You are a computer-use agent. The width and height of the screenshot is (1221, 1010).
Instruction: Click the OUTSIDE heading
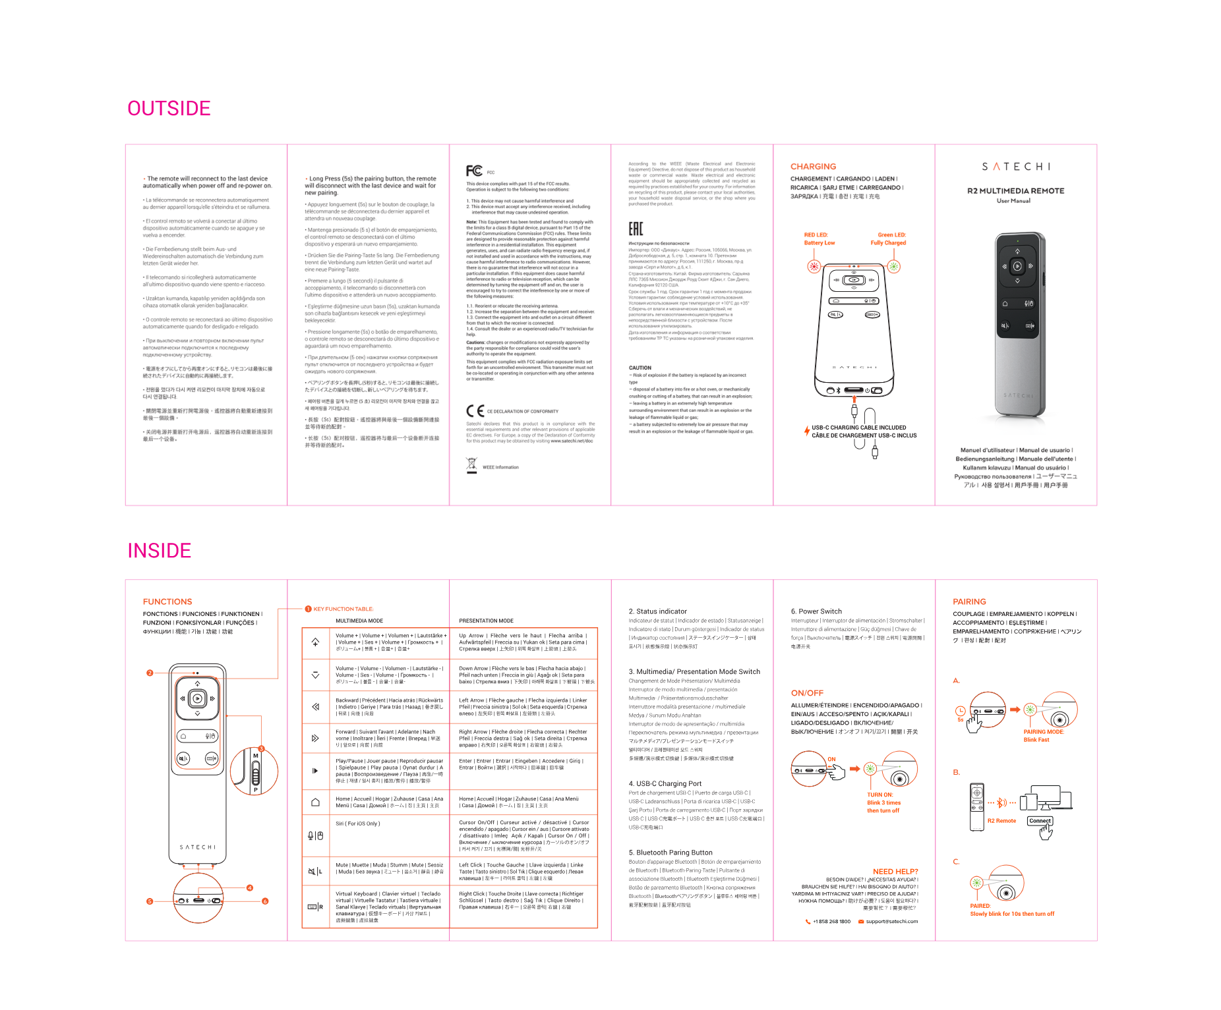click(x=169, y=109)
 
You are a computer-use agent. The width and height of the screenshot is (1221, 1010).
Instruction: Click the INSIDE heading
click(x=159, y=551)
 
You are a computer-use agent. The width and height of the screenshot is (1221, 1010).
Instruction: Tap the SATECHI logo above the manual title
click(x=1015, y=167)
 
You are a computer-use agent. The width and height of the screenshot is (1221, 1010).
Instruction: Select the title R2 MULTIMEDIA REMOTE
click(x=1015, y=191)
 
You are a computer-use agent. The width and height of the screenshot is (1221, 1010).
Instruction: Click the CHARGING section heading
click(x=813, y=167)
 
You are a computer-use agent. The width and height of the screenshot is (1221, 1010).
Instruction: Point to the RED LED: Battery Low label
click(x=819, y=238)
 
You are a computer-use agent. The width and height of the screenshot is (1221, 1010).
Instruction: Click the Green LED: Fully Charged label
click(x=888, y=238)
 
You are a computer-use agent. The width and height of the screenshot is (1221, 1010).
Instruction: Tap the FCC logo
click(x=474, y=171)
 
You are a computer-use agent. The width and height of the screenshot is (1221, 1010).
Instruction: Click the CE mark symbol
click(x=475, y=411)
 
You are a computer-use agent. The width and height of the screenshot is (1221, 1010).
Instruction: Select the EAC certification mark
click(x=636, y=229)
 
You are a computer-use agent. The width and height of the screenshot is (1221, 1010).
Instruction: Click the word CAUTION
click(x=640, y=368)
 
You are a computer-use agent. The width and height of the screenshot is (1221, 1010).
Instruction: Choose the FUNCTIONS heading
click(x=167, y=602)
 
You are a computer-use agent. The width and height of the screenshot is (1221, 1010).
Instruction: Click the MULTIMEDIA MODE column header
click(x=359, y=621)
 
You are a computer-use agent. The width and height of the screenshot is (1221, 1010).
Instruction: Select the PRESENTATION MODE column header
click(x=486, y=621)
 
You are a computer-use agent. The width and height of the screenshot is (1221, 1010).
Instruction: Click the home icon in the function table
click(x=315, y=802)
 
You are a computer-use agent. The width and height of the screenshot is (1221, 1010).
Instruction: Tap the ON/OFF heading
click(x=807, y=693)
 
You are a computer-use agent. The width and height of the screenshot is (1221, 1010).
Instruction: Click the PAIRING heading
click(x=969, y=602)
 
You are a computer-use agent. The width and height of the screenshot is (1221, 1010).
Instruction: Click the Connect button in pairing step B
click(x=1040, y=821)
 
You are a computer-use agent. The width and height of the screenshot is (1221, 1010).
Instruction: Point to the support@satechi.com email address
click(x=891, y=922)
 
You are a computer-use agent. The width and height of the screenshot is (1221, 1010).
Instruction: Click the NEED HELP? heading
click(x=895, y=872)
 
